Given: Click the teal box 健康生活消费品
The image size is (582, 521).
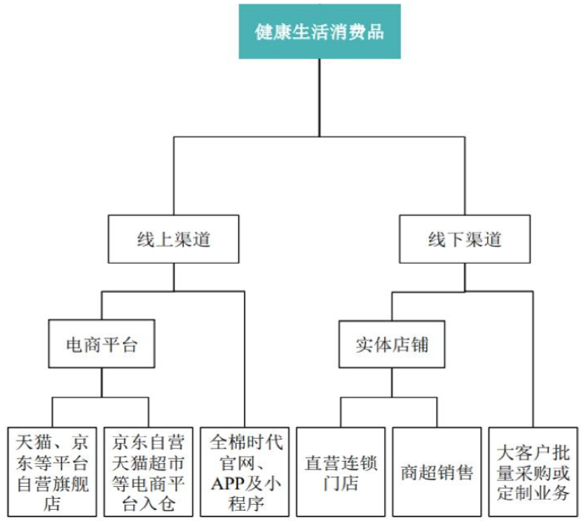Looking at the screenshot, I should [319, 32].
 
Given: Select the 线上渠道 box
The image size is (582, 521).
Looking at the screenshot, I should [173, 239].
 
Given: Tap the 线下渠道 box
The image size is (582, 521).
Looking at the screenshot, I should [464, 239].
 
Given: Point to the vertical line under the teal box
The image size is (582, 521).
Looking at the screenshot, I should [319, 96].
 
